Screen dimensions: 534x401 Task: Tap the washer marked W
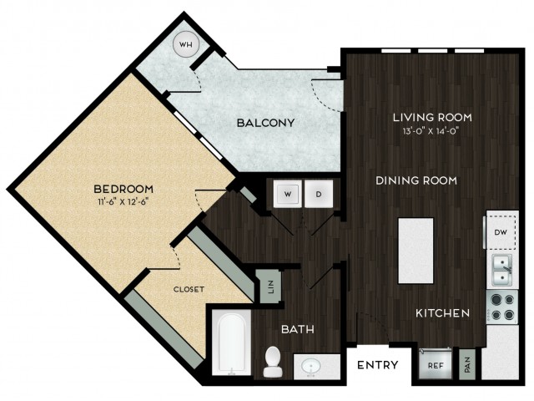288,194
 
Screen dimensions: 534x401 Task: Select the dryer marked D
319,194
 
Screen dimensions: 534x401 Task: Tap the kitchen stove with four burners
502,307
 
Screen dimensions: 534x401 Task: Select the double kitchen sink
502,271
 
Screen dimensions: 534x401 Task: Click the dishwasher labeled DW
501,232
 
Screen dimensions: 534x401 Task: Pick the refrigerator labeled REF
436,364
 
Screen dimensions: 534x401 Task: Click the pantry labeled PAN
467,364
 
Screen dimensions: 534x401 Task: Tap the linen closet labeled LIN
270,287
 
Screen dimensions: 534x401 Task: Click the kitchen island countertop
416,251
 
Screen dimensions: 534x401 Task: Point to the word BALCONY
266,123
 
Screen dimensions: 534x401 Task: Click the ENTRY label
378,365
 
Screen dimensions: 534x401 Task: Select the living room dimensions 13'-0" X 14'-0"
431,131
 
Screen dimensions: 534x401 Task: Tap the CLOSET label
189,290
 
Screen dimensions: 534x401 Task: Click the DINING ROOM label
416,180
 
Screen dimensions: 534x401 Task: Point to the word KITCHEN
443,313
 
